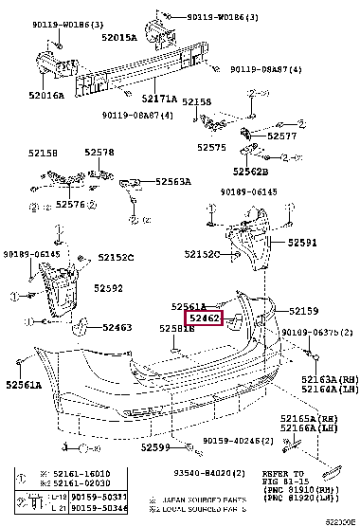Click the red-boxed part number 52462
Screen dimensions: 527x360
[x=206, y=319]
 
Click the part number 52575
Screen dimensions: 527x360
[x=211, y=147]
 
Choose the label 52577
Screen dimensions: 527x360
[x=281, y=136]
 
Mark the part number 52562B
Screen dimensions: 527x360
[x=252, y=172]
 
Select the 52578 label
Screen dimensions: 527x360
[x=98, y=153]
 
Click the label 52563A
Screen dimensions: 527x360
[x=172, y=181]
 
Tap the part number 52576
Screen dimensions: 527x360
[x=71, y=204]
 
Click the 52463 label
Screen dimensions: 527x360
[x=117, y=326]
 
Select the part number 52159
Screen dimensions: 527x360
[x=304, y=311]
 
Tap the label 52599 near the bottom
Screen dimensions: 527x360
[x=157, y=446]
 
